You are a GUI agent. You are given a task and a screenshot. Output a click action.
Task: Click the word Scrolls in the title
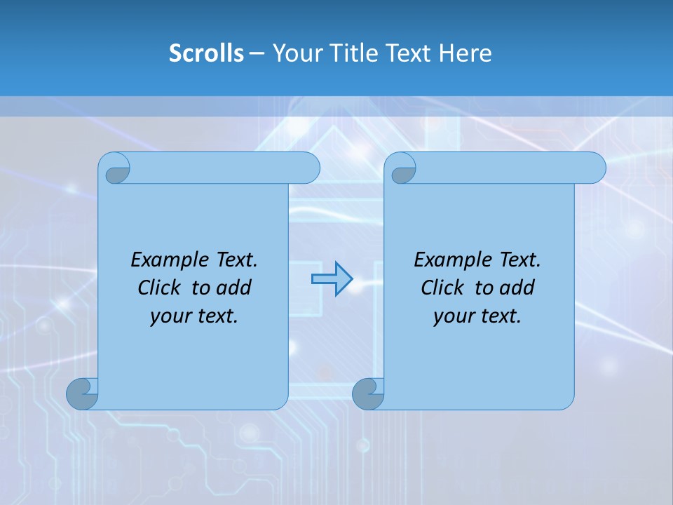click(x=206, y=53)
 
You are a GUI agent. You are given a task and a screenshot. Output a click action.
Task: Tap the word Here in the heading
click(x=465, y=53)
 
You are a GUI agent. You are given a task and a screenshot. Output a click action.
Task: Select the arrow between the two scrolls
click(x=332, y=279)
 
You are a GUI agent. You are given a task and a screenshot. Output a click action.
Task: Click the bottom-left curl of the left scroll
click(x=82, y=394)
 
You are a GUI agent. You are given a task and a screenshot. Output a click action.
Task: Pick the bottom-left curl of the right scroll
click(x=367, y=394)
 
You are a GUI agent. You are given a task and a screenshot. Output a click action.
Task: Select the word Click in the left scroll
click(x=160, y=288)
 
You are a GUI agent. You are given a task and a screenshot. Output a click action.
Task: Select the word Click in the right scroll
click(x=443, y=288)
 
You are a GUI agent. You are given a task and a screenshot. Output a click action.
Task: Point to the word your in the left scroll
click(x=169, y=316)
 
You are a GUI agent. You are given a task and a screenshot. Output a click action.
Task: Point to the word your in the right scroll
click(x=452, y=316)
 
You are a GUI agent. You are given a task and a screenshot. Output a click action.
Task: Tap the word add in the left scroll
click(x=233, y=288)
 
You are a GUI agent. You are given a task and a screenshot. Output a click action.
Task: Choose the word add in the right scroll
click(x=517, y=288)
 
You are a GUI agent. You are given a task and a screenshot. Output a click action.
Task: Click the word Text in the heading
click(x=409, y=53)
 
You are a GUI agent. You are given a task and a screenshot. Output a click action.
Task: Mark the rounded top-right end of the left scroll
click(x=308, y=168)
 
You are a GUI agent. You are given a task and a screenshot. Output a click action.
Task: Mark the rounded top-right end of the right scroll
click(x=594, y=168)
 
